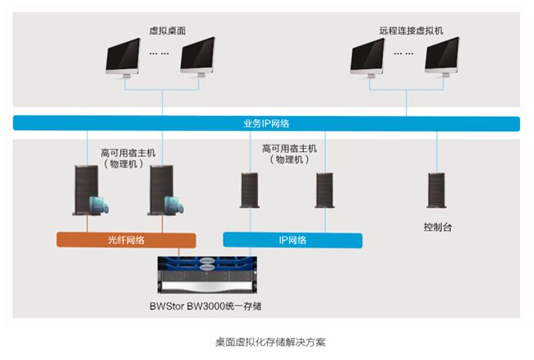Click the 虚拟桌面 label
coord(168,30)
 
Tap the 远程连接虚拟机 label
coord(412,30)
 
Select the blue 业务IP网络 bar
coord(266,123)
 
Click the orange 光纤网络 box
coord(126,240)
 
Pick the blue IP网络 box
coord(292,240)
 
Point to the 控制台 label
coord(438,227)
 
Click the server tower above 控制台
coord(436,190)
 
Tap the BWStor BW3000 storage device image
coord(207,275)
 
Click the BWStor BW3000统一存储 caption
coord(205,306)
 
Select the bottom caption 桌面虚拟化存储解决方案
coord(270,342)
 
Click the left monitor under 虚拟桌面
coord(123,58)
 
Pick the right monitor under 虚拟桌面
coord(198,58)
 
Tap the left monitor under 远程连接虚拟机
coord(368,58)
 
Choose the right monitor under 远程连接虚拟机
coord(442,58)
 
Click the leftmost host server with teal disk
coord(90,191)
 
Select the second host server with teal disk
coord(165,191)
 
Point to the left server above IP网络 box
coord(250,190)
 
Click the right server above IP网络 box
coord(325,190)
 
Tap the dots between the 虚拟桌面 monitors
coord(159,53)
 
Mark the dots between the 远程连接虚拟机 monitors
coord(403,53)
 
